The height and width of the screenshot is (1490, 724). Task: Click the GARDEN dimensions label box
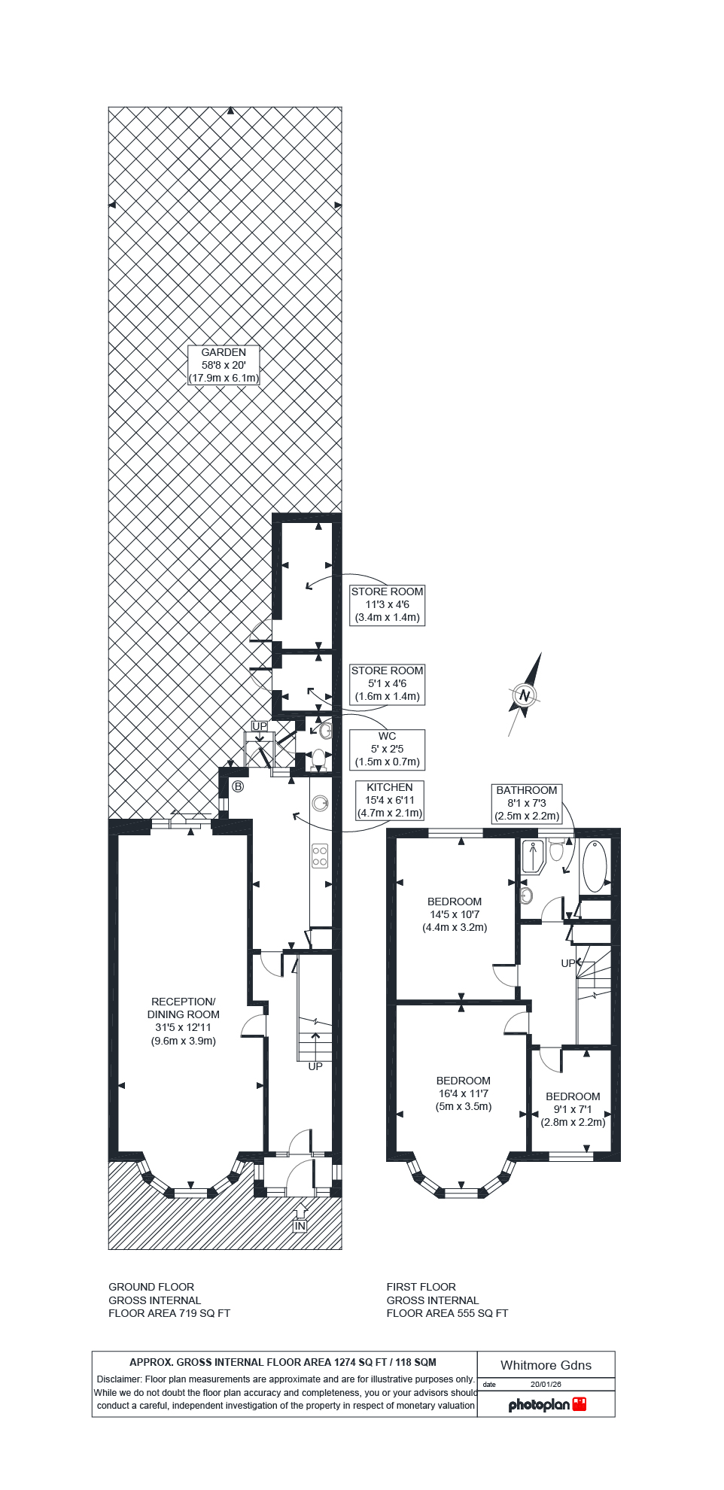224,365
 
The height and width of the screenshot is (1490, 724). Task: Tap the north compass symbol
525,695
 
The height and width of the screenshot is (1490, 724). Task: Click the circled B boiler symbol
238,786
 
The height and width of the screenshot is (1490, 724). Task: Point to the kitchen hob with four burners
320,856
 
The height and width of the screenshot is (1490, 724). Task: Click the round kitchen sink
321,803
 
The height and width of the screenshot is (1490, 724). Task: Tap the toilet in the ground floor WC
318,759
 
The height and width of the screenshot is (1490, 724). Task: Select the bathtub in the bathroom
595,866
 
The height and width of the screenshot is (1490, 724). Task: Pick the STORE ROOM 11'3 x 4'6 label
387,604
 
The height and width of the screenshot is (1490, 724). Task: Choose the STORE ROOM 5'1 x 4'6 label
387,683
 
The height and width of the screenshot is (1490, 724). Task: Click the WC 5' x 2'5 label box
387,749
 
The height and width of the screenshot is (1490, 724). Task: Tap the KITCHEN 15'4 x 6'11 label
389,800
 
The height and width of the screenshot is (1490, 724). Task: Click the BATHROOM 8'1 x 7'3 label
527,803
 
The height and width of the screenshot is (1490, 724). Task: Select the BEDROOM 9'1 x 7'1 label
573,1109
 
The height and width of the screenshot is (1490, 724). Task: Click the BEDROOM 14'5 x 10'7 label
455,914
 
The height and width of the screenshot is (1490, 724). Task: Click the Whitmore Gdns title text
546,1365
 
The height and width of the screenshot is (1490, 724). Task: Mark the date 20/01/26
546,1384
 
